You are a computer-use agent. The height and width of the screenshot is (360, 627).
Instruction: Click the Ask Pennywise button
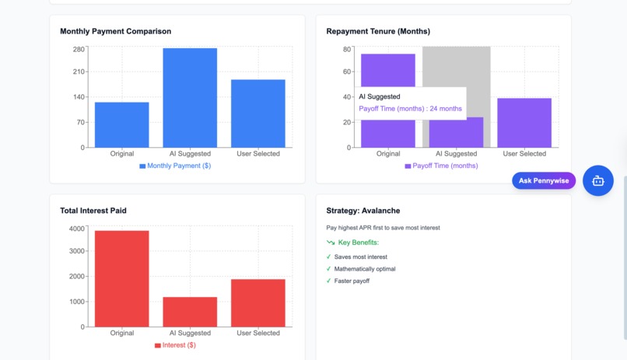[544, 180]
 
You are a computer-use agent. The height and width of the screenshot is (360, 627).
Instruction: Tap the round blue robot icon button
[598, 180]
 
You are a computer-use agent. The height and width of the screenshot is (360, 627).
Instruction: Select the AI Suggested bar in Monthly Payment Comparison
[190, 98]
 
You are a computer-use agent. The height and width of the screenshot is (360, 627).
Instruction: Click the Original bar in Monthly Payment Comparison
[121, 124]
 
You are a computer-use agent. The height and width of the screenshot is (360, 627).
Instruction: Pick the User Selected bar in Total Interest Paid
[257, 302]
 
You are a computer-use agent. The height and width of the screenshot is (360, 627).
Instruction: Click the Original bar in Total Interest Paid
[121, 278]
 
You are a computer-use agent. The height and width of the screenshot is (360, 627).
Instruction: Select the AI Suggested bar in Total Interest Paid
[190, 312]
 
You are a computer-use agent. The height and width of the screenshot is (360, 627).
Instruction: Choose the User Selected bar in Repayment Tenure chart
[524, 123]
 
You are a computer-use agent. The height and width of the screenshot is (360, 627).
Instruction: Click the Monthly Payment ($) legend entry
[175, 166]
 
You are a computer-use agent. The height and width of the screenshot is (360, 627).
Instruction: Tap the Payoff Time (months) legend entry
[441, 166]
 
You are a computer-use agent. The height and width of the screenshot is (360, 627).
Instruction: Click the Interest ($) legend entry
[175, 345]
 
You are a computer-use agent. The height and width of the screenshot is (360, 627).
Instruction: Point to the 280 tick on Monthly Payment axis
[79, 49]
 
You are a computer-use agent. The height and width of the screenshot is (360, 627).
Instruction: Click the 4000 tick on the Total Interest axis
[77, 229]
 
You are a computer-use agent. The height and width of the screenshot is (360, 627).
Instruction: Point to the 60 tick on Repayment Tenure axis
[347, 72]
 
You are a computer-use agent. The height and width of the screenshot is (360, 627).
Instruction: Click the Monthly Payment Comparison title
[116, 31]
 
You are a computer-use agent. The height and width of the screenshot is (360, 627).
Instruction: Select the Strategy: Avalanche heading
[363, 211]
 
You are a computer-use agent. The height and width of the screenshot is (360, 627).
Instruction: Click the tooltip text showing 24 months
[410, 109]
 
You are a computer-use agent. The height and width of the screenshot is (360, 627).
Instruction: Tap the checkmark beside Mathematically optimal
[329, 269]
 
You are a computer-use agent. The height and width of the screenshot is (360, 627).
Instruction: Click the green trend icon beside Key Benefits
[331, 243]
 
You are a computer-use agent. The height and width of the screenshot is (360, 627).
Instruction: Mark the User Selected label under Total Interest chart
[257, 333]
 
